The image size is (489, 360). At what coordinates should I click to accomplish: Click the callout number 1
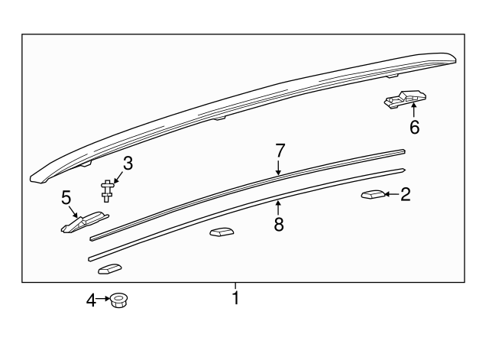pyautogui.click(x=236, y=298)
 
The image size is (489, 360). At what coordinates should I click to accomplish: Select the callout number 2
pyautogui.click(x=405, y=194)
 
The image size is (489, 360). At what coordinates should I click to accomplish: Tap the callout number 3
pyautogui.click(x=128, y=163)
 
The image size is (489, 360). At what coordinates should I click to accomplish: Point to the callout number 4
pyautogui.click(x=91, y=300)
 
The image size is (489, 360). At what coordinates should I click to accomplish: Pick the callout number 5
pyautogui.click(x=66, y=197)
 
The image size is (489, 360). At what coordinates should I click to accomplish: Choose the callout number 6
pyautogui.click(x=414, y=128)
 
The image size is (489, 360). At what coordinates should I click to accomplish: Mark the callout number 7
pyautogui.click(x=280, y=151)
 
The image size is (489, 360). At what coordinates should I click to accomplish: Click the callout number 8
pyautogui.click(x=279, y=224)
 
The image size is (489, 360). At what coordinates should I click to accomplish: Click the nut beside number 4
pyautogui.click(x=118, y=300)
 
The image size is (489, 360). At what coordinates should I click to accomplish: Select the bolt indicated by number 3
pyautogui.click(x=107, y=191)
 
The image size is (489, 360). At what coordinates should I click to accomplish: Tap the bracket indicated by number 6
pyautogui.click(x=405, y=99)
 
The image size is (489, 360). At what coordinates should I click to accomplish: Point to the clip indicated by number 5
pyautogui.click(x=84, y=222)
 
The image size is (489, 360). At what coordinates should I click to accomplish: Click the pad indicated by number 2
pyautogui.click(x=373, y=194)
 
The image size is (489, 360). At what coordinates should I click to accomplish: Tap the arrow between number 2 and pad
pyautogui.click(x=392, y=194)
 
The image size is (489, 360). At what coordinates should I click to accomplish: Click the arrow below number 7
pyautogui.click(x=278, y=167)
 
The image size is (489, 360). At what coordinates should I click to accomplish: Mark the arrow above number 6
pyautogui.click(x=414, y=110)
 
